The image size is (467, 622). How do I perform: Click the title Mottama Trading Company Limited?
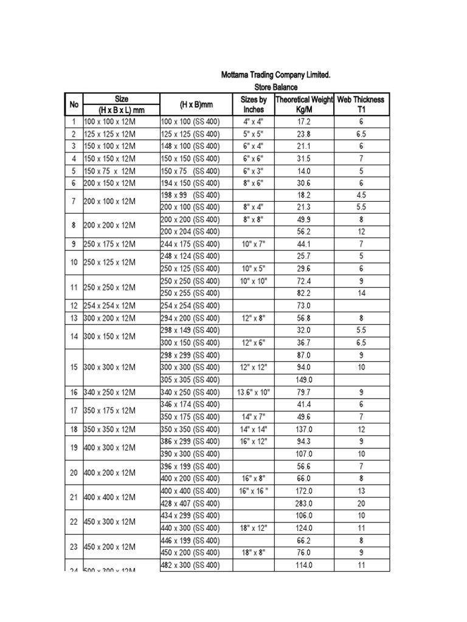[275, 75]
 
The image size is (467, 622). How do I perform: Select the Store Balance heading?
[275, 88]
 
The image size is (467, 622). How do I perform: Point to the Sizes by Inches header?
[254, 104]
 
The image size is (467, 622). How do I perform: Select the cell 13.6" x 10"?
[254, 392]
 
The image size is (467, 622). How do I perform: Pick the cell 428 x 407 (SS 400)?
[190, 504]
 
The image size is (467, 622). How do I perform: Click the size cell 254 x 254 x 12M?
[109, 306]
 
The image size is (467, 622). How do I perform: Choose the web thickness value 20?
[361, 504]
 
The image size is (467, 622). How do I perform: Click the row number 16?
[74, 392]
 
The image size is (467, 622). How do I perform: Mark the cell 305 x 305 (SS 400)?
[190, 380]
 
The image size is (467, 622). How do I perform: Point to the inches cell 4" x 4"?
[254, 121]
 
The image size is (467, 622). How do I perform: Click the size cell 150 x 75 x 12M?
[109, 171]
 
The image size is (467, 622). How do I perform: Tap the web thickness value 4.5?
[361, 196]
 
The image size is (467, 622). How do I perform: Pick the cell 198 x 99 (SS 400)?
[190, 196]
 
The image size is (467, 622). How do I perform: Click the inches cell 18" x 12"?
[254, 528]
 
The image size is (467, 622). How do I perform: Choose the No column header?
[74, 104]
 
